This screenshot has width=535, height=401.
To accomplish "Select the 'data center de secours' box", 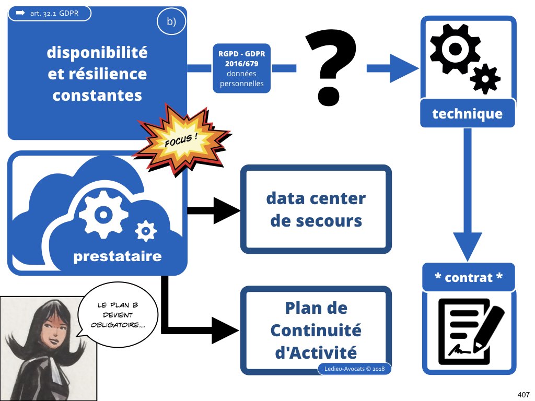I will point(316,209).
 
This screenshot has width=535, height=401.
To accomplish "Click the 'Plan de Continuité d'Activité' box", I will point(316,330).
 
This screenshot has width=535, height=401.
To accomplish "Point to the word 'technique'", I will point(467,113).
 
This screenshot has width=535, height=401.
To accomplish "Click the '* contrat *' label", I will point(468,277).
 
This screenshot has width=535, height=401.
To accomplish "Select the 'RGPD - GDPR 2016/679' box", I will point(241,68).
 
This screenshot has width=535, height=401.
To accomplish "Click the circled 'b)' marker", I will point(171,22).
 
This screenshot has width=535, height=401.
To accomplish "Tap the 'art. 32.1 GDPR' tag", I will point(50,13).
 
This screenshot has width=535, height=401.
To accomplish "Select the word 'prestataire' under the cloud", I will point(117,256).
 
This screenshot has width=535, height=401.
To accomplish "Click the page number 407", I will point(523,393).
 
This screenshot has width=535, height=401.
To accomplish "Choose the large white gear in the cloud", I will point(102,215).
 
